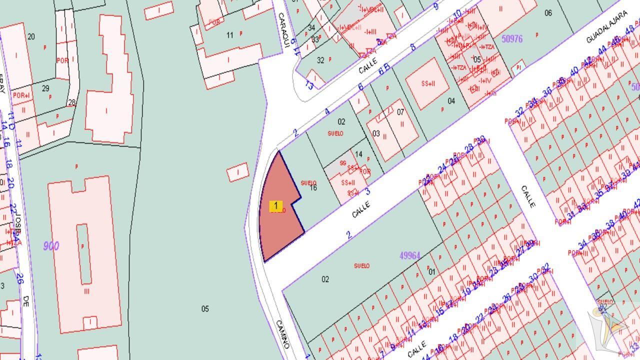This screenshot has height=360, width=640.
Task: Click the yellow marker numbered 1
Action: pos(275,206)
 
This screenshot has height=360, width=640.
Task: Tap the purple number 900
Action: pos(51,246)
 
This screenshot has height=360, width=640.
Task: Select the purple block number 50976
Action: pos(511,38)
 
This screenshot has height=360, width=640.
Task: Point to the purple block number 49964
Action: pos(409,255)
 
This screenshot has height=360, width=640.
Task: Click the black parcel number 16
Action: pos(313,187)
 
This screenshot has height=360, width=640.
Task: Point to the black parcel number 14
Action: pos(358,154)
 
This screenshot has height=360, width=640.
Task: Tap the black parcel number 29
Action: pos(45,88)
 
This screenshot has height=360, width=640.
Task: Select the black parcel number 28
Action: pos(71,102)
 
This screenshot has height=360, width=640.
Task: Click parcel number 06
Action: pos(548,13)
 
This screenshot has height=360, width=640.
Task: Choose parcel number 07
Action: pos(400,112)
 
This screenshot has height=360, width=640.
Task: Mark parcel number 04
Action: pos(451,101)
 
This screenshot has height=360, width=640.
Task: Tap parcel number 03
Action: pos(376,133)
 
